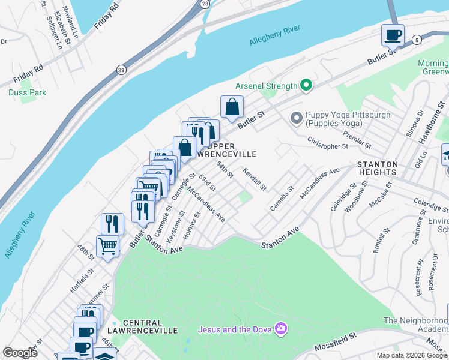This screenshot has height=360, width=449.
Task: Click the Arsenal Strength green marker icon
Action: pos(306,86)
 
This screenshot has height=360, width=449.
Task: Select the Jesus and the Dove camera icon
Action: pos(280,328)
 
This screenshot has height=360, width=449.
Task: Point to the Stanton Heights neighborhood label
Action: pos(378,168)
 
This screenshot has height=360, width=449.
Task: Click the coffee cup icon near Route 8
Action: pos(393,35)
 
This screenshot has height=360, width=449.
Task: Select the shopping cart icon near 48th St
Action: pos(107,246)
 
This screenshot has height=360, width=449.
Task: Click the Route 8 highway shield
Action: pos(417,40)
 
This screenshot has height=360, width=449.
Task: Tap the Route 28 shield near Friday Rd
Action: pos(121,69)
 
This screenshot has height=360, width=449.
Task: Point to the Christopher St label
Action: pos(327,142)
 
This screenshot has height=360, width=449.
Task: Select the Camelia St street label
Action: pos(281,199)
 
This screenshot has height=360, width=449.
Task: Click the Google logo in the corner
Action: pos(20,353)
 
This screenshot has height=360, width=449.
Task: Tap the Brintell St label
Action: pos(382,240)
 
